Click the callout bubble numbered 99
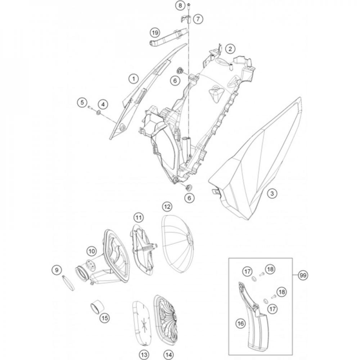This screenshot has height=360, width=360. pos(303,275)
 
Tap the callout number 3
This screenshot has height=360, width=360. pos(272,193)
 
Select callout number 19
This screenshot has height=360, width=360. pos(155,33)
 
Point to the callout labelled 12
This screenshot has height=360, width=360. pos(167,207)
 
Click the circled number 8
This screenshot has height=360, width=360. pos(180,5)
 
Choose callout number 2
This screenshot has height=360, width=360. pos(230,49)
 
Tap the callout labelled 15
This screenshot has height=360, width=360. pos(104,318)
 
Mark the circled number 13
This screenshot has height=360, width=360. pos(144,355)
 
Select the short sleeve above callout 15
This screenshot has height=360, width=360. pos(96,306)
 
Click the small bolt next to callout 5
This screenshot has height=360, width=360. pos(90,107)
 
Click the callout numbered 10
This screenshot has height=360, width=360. pos(91,251)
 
